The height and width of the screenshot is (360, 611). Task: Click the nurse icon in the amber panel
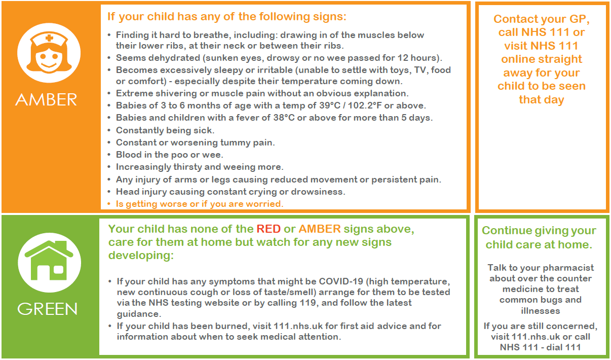pos(49,53)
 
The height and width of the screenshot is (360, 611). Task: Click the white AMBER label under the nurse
pos(46,99)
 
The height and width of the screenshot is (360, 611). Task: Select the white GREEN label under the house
pos(48,309)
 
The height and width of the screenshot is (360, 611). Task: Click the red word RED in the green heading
pos(269,229)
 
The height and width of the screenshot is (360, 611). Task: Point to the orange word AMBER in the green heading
pos(320,229)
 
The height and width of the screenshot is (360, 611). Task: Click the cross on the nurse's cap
pos(49,38)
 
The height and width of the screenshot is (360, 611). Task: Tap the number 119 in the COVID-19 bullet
pos(308,303)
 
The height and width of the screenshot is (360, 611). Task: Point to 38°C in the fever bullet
pos(284,118)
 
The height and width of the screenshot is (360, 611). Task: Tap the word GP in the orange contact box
pos(579,19)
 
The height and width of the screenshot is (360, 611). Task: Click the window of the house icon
pos(59,270)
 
